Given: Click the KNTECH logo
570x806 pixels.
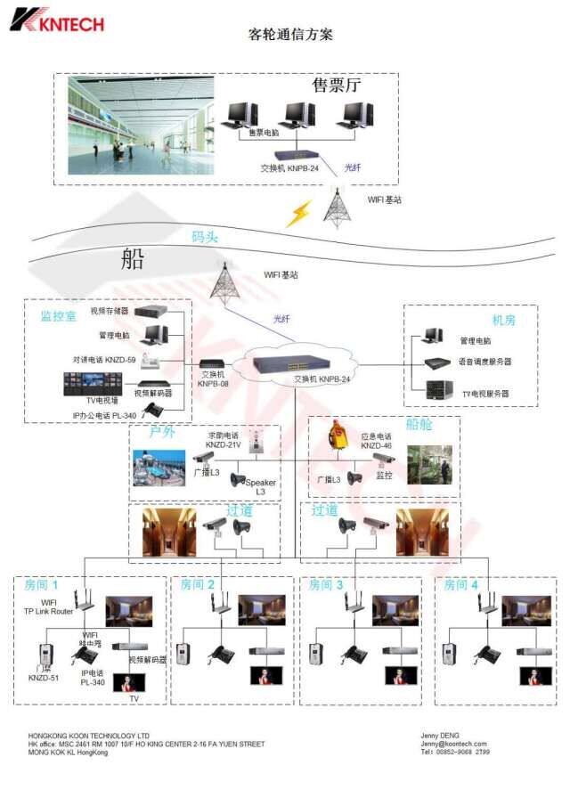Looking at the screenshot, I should [x=57, y=20].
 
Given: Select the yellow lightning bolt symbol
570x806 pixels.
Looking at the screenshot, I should [x=298, y=213].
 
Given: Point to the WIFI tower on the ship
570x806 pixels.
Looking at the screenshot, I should [x=223, y=281].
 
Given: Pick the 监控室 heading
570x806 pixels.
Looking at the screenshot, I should [x=59, y=315].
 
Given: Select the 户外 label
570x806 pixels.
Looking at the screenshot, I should [x=161, y=432].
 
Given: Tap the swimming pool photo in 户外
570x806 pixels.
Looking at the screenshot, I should [x=159, y=468].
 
